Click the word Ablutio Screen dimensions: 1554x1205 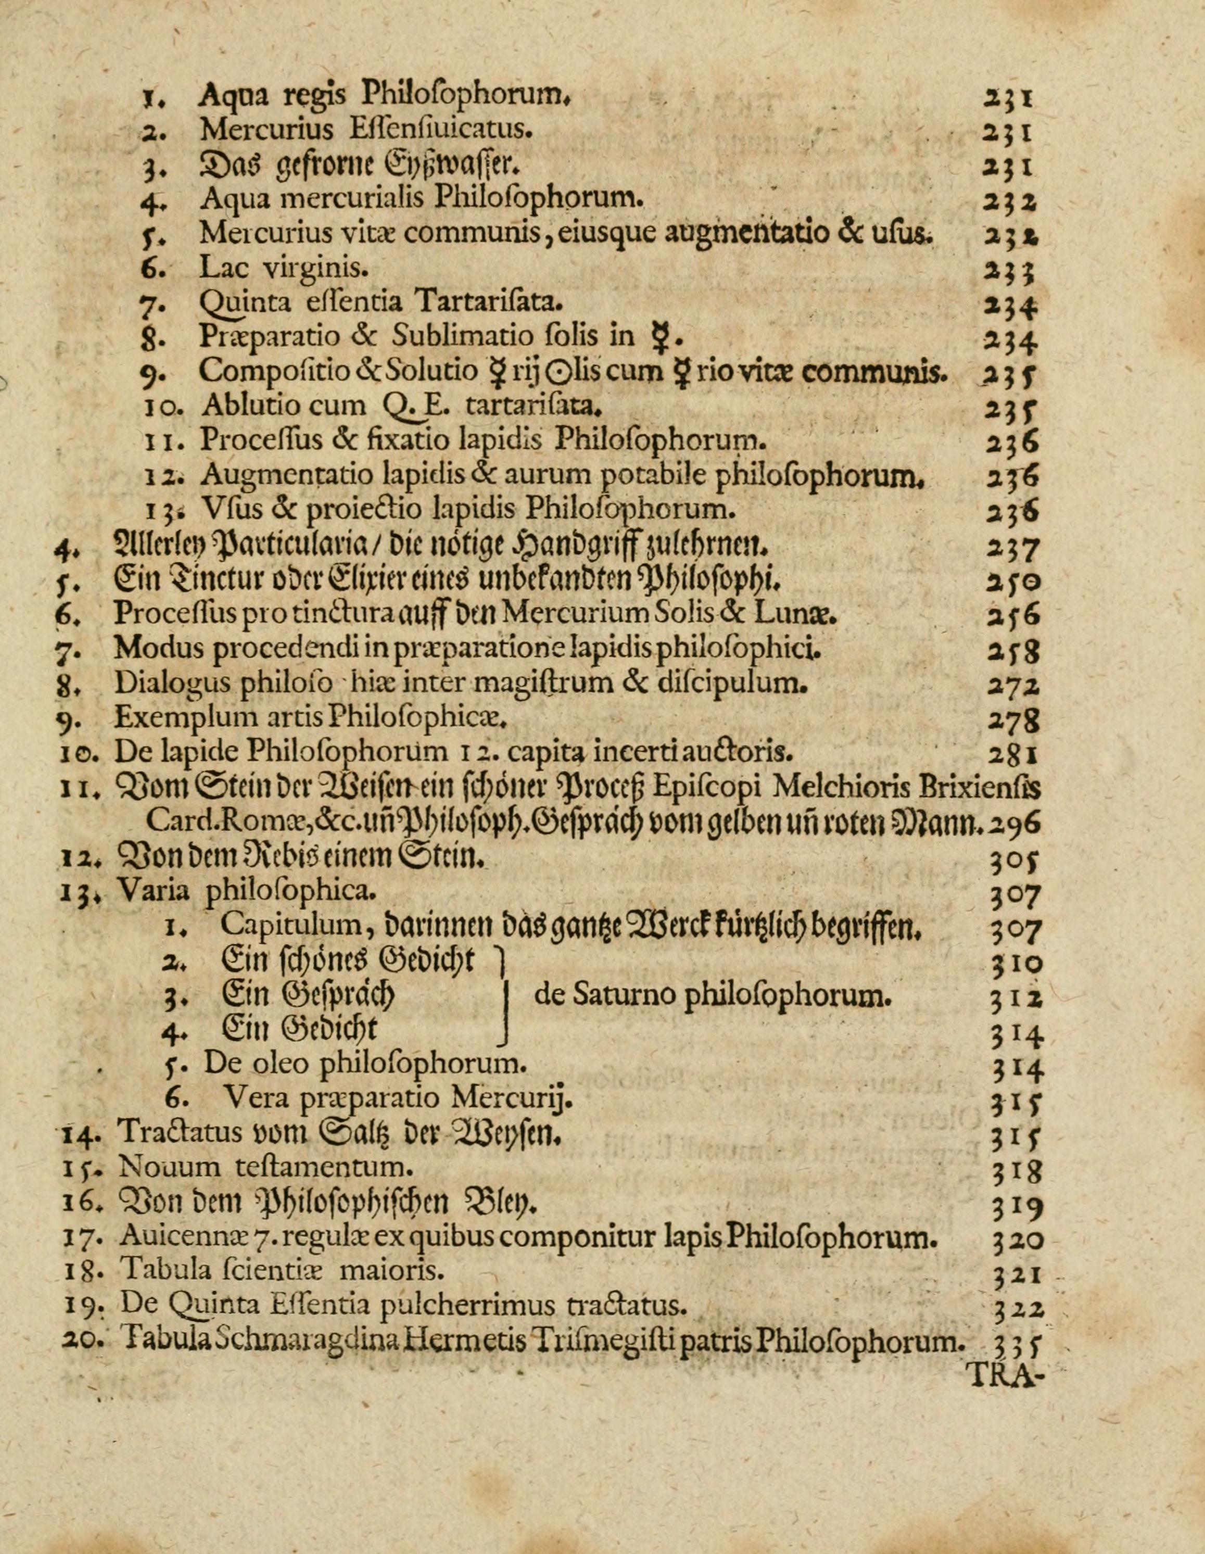[244, 406]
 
